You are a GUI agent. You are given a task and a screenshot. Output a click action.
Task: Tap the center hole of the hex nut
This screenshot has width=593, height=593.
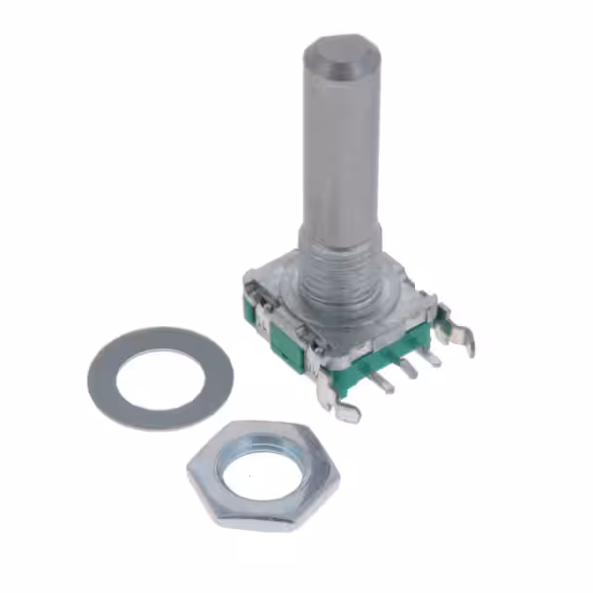pyautogui.click(x=265, y=469)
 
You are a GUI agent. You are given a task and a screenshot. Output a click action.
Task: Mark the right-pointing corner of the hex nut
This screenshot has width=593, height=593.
pyautogui.click(x=338, y=473)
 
